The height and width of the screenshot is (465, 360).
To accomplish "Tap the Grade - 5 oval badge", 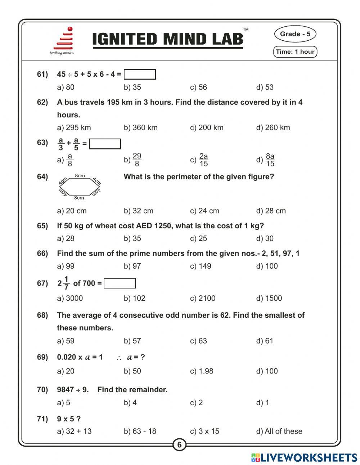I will pos(295,34).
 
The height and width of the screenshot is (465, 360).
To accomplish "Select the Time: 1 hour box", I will pos(295,52).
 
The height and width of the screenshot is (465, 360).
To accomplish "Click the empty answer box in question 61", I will pos(140,75).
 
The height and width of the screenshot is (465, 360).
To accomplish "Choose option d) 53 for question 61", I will pos(265,87).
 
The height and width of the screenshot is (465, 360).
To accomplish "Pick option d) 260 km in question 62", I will pos(273,128).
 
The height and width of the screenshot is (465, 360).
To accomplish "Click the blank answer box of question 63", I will pos(105,144).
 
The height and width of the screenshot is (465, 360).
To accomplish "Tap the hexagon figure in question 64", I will pos(79,187).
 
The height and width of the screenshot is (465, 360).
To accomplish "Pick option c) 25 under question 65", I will pos(198,238).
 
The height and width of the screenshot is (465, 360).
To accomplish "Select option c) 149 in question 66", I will pos(201,266).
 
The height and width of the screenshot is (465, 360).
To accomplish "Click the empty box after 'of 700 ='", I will pos(120,283).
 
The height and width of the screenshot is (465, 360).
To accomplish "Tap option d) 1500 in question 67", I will pos(269,298).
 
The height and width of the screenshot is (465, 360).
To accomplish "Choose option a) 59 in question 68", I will pos(66,341).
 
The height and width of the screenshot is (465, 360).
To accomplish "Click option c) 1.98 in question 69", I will pos(202,371).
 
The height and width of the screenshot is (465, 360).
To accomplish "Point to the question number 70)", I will pos(42,390).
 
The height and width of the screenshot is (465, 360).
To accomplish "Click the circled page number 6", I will pos(179,444).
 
